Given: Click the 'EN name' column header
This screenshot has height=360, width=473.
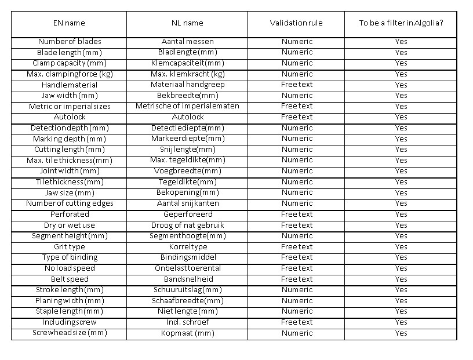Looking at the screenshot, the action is [69, 23].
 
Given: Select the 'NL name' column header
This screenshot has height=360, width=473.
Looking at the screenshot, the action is [187, 23].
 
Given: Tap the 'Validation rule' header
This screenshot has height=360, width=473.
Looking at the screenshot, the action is [296, 23].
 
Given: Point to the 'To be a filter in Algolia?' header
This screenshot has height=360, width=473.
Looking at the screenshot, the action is [401, 23].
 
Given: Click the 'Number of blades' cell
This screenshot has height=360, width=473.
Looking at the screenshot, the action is [69, 41].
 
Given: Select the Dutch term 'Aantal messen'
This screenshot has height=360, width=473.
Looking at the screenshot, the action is [187, 41].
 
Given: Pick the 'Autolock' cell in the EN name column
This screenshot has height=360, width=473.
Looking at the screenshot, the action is [69, 117].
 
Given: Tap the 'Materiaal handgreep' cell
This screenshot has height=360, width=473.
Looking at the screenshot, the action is [187, 85].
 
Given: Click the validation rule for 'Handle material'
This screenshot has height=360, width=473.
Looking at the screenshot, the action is [296, 85].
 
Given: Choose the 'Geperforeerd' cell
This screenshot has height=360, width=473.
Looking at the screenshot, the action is [187, 214].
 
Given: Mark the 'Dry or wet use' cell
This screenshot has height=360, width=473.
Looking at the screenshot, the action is [69, 225].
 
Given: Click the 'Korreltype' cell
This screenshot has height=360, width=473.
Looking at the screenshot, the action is [187, 247].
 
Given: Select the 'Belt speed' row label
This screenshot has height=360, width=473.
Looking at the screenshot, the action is [69, 279].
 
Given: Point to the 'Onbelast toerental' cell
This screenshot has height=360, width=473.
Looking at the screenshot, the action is [187, 268].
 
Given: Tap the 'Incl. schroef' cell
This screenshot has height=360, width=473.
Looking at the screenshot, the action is [187, 322].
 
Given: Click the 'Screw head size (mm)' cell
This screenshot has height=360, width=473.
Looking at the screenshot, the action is [69, 333].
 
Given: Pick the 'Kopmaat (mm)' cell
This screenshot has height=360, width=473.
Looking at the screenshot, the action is [187, 333].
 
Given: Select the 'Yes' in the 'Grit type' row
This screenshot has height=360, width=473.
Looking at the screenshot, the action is [401, 247].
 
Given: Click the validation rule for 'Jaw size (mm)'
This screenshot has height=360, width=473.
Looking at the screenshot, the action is [296, 192].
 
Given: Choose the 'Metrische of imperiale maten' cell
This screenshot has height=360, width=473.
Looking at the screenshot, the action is [187, 106].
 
